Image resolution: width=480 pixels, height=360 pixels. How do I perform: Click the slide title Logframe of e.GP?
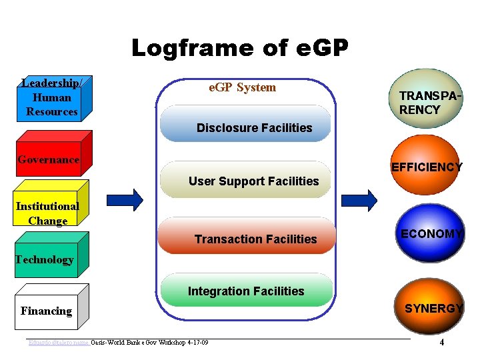tap(239, 49)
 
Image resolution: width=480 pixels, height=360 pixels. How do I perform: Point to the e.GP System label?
tap(242, 87)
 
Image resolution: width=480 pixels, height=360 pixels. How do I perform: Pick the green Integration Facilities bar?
tap(247, 291)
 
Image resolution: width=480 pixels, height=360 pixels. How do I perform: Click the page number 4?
tap(442, 343)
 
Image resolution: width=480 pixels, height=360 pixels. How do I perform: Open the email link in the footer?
tap(59, 343)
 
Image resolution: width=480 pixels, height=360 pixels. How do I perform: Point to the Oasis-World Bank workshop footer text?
tap(149, 343)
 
